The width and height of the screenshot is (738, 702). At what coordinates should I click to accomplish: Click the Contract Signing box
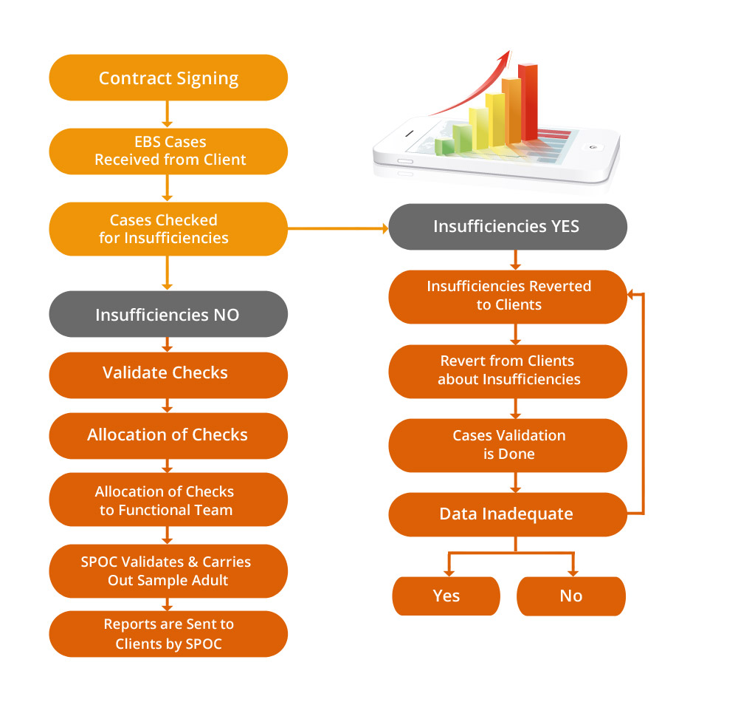[168, 78]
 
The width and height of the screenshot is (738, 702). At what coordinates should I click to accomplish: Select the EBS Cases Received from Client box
[168, 151]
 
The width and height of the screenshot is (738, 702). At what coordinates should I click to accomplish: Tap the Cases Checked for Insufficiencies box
[168, 229]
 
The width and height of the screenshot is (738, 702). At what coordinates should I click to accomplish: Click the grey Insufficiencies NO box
[168, 314]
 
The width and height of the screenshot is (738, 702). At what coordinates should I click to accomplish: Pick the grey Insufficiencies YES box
[508, 226]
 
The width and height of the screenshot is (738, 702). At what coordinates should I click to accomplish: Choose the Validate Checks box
[168, 373]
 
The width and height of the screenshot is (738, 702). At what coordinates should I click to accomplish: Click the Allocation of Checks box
[168, 435]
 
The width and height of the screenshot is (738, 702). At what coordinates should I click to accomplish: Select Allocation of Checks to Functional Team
[168, 500]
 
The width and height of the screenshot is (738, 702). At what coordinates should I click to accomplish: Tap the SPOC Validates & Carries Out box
[168, 571]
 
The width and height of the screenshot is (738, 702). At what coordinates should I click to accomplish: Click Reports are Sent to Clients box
[168, 634]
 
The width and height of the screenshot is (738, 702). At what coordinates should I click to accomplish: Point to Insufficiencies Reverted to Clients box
[508, 296]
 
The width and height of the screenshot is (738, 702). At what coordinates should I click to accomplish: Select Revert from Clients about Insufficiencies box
[508, 369]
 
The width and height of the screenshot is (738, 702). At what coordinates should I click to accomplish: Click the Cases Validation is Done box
[508, 444]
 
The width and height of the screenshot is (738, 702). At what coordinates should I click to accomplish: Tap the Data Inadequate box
[508, 514]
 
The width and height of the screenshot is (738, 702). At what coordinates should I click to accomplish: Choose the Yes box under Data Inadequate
[446, 596]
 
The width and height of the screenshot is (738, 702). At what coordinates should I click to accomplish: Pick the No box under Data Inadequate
[571, 596]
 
